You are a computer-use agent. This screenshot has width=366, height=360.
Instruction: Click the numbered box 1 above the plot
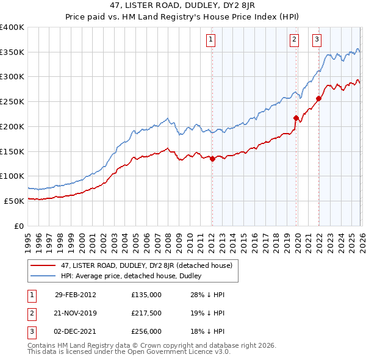[210, 40]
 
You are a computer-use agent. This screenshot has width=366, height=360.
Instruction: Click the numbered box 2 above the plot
[294, 40]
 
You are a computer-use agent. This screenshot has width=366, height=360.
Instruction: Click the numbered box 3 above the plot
[317, 40]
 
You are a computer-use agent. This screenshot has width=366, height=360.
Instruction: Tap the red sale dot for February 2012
[212, 159]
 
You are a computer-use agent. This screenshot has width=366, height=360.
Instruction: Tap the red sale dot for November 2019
[296, 118]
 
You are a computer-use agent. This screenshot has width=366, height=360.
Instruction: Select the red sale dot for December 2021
[318, 98]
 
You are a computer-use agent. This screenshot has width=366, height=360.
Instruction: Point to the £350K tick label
[12, 52]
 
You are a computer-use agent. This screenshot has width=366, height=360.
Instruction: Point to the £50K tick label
[14, 201]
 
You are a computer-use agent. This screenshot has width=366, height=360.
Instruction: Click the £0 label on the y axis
[18, 226]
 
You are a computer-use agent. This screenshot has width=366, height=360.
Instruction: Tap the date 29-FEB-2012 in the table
[75, 295]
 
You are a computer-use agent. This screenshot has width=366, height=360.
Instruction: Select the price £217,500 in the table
[146, 313]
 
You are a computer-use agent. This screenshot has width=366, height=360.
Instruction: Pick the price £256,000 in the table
[146, 331]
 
